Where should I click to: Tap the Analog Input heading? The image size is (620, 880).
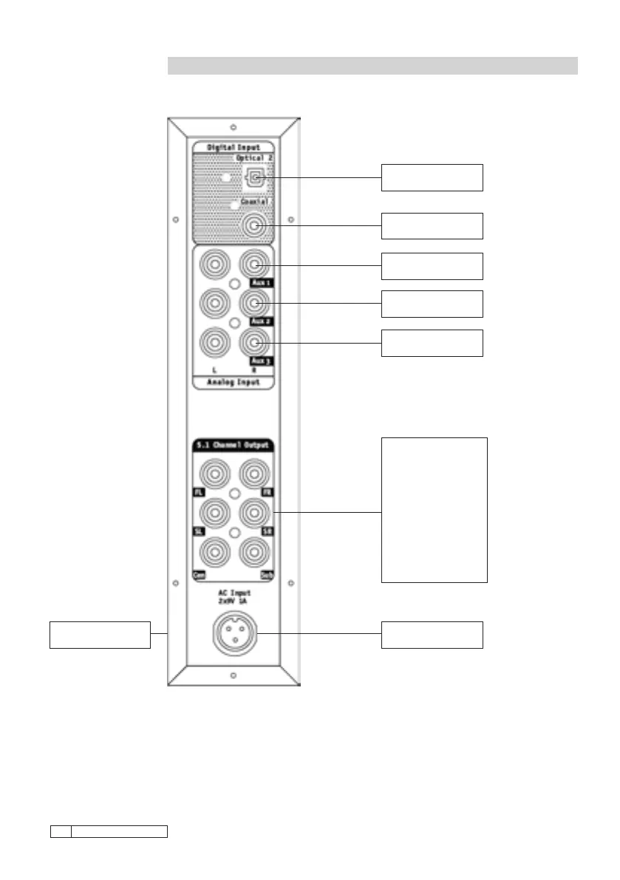(234, 382)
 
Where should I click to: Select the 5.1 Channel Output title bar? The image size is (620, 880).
(234, 446)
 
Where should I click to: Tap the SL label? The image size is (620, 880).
(199, 531)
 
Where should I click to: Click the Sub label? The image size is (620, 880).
(267, 574)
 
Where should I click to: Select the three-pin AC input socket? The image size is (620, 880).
(234, 633)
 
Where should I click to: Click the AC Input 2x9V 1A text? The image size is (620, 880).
(234, 598)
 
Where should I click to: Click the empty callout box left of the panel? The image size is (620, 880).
(100, 635)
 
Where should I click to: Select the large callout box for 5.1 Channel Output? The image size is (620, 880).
(434, 510)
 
